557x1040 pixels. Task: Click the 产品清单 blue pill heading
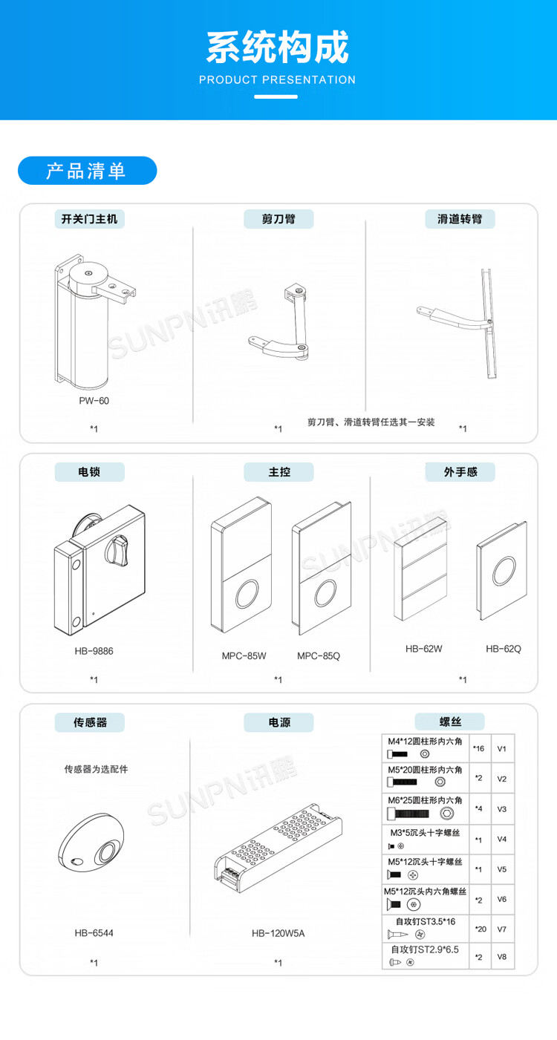87,171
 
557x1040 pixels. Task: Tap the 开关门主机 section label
89,219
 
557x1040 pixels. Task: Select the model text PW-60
94,401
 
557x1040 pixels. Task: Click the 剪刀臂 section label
278,219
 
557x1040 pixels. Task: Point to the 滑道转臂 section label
460,219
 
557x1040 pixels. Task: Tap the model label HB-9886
94,651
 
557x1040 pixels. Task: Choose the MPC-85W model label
244,655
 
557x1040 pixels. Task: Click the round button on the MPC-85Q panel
324,595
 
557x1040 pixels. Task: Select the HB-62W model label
424,648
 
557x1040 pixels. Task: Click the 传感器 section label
90,722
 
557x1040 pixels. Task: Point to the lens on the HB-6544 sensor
108,851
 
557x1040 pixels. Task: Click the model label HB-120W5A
278,933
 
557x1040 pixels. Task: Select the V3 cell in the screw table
502,808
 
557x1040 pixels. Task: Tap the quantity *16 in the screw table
479,748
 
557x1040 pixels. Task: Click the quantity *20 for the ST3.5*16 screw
479,929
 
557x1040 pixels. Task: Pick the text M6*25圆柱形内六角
425,800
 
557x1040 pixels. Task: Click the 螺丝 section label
450,721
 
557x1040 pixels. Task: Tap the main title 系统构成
278,48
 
